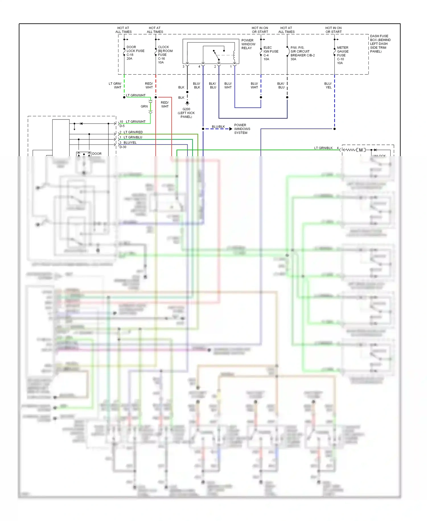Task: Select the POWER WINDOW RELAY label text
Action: coord(248,44)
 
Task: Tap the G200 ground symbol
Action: coord(187,103)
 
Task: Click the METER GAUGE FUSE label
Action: coord(342,55)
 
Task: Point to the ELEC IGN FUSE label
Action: coord(270,53)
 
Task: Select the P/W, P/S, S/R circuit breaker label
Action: coord(302,53)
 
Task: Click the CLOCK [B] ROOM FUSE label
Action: coord(165,54)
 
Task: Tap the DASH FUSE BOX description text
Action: coord(380,44)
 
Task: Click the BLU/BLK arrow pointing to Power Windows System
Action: coord(231,129)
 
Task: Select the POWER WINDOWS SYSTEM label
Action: coord(242,129)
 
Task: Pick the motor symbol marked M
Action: coord(361,150)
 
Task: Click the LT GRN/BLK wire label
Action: coord(323,148)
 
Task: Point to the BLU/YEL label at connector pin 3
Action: coord(130,143)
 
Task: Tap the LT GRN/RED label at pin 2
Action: coord(133,132)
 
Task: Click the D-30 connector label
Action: coord(123,147)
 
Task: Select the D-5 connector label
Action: coord(122,126)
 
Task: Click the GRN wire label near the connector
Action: coord(144,106)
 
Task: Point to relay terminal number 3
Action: coord(184,67)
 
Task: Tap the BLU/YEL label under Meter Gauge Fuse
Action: coord(328,86)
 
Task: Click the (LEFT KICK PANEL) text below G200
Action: coord(186,115)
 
